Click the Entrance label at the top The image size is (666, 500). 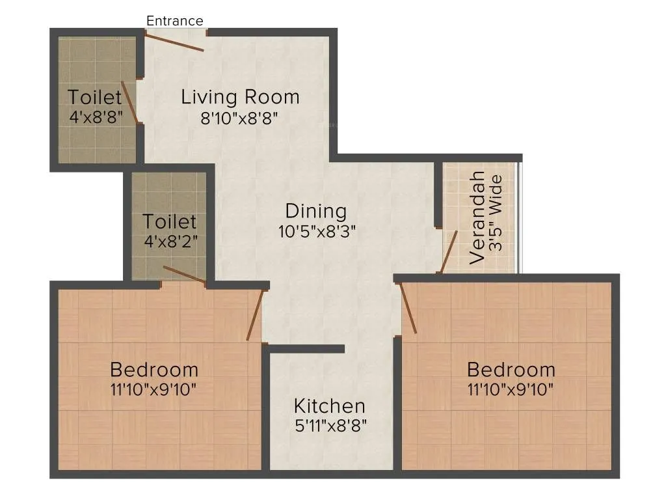[x=174, y=21]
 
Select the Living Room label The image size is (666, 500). [x=240, y=97]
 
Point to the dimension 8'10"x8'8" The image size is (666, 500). [x=240, y=118]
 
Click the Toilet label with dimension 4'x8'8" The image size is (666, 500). [x=95, y=98]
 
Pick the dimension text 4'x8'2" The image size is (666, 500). [x=170, y=241]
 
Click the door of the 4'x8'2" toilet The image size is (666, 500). [x=185, y=275]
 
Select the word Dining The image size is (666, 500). [x=316, y=211]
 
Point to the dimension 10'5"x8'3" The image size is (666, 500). [x=316, y=231]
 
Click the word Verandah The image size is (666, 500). [x=477, y=217]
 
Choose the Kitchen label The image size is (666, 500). [x=330, y=406]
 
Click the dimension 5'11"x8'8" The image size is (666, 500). [x=330, y=426]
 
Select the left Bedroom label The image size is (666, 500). [x=154, y=370]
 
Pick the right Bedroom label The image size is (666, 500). [x=511, y=370]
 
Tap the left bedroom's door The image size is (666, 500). [x=255, y=315]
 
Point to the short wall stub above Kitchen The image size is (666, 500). [x=306, y=349]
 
